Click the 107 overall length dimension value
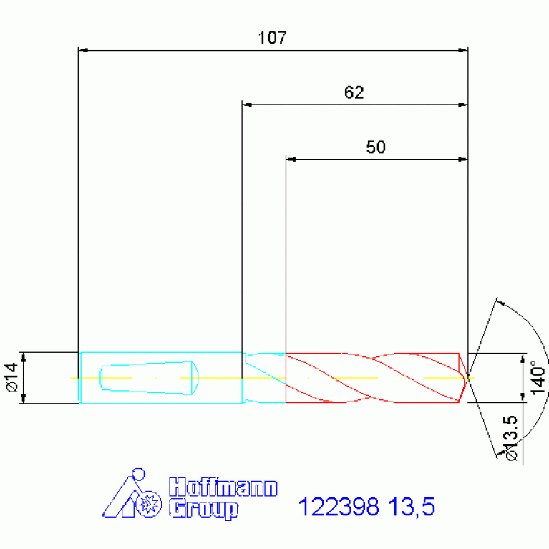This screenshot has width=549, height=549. (x=272, y=37)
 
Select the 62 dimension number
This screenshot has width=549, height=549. (x=354, y=92)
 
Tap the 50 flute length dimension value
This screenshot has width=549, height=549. (x=376, y=147)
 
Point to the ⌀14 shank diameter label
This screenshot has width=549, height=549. (x=13, y=377)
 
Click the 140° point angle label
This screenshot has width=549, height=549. (x=538, y=377)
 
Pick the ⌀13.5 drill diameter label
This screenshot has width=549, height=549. (x=512, y=438)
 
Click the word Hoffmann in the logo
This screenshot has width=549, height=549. (x=223, y=487)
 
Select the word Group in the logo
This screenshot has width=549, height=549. (x=203, y=510)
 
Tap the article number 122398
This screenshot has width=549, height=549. (x=339, y=507)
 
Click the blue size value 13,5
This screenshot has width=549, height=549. (x=412, y=507)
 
